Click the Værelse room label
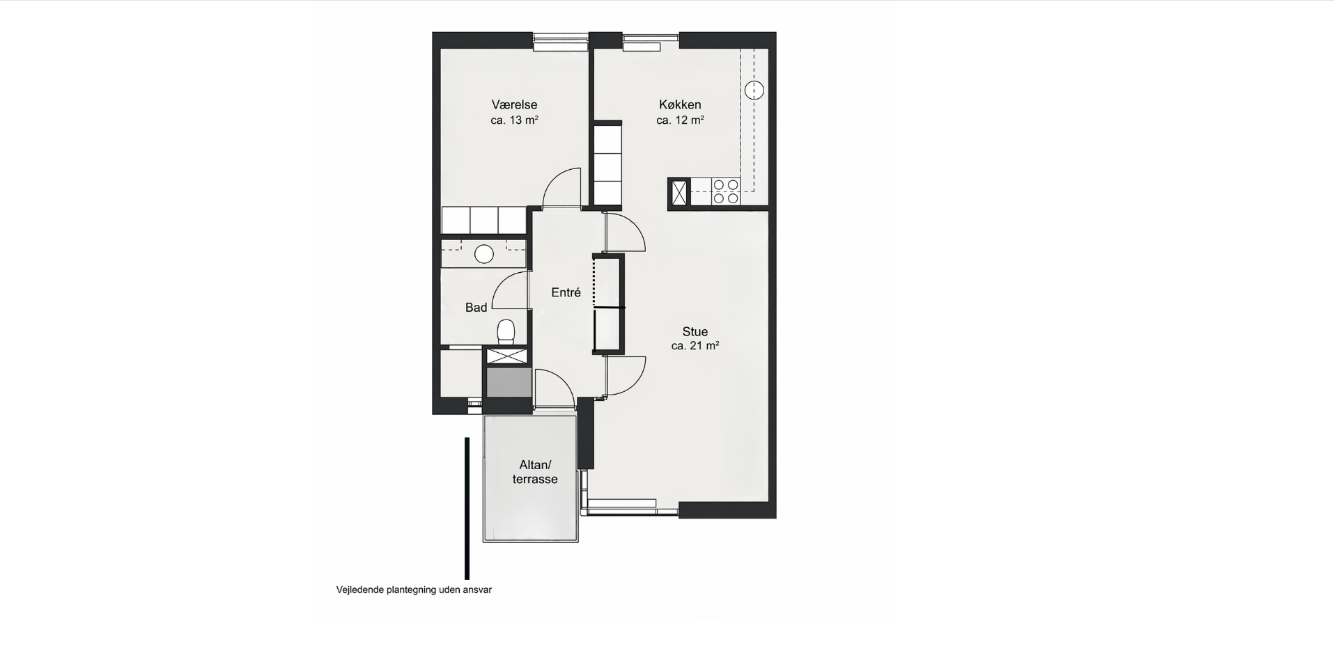[x=514, y=104]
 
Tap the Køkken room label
[x=680, y=104]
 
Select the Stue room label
[x=695, y=332]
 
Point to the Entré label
[x=566, y=292]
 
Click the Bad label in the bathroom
[x=476, y=308]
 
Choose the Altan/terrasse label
[x=535, y=472]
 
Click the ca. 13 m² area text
[x=514, y=120]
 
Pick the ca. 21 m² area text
[x=695, y=346]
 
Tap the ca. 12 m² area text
[x=680, y=120]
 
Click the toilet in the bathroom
[x=506, y=331]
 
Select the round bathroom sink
[x=484, y=254]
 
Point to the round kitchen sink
[x=754, y=90]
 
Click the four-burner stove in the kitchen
[x=725, y=191]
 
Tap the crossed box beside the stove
[x=678, y=191]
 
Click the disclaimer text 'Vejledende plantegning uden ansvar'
[x=414, y=590]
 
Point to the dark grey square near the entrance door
[x=509, y=382]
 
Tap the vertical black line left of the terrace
[x=467, y=508]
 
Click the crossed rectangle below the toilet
[x=508, y=356]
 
